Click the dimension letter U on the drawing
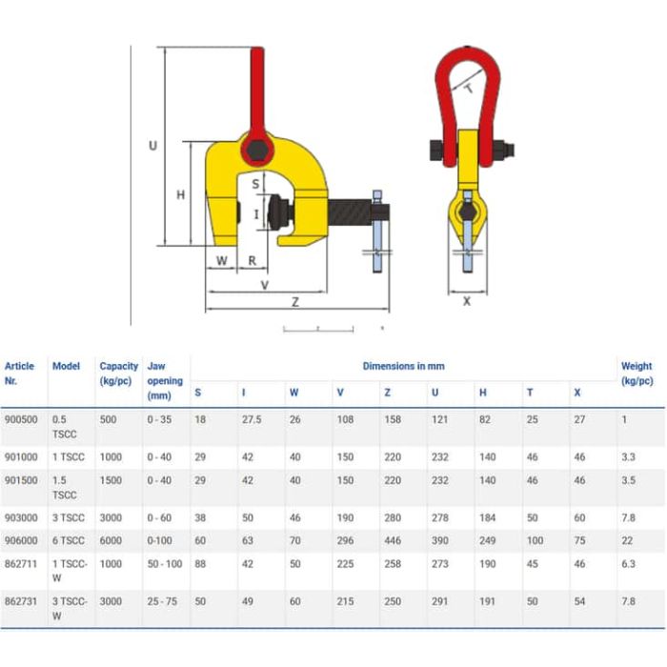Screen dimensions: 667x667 152,146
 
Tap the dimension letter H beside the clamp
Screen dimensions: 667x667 181,194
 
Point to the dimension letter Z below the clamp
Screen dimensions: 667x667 295,302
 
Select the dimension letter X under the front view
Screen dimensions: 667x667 467,301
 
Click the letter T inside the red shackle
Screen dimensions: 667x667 469,89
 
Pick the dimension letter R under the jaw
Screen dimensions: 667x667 253,261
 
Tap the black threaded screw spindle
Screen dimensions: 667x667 349,212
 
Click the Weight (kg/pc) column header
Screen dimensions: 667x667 637,374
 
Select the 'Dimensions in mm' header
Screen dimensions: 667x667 403,366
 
